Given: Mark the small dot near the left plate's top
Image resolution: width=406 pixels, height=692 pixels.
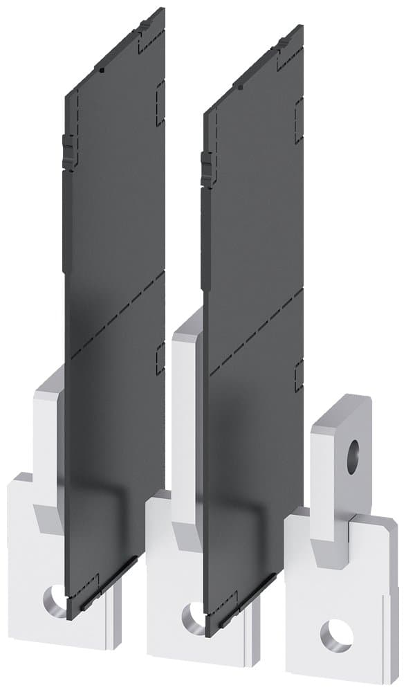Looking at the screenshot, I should tap(101, 71).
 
